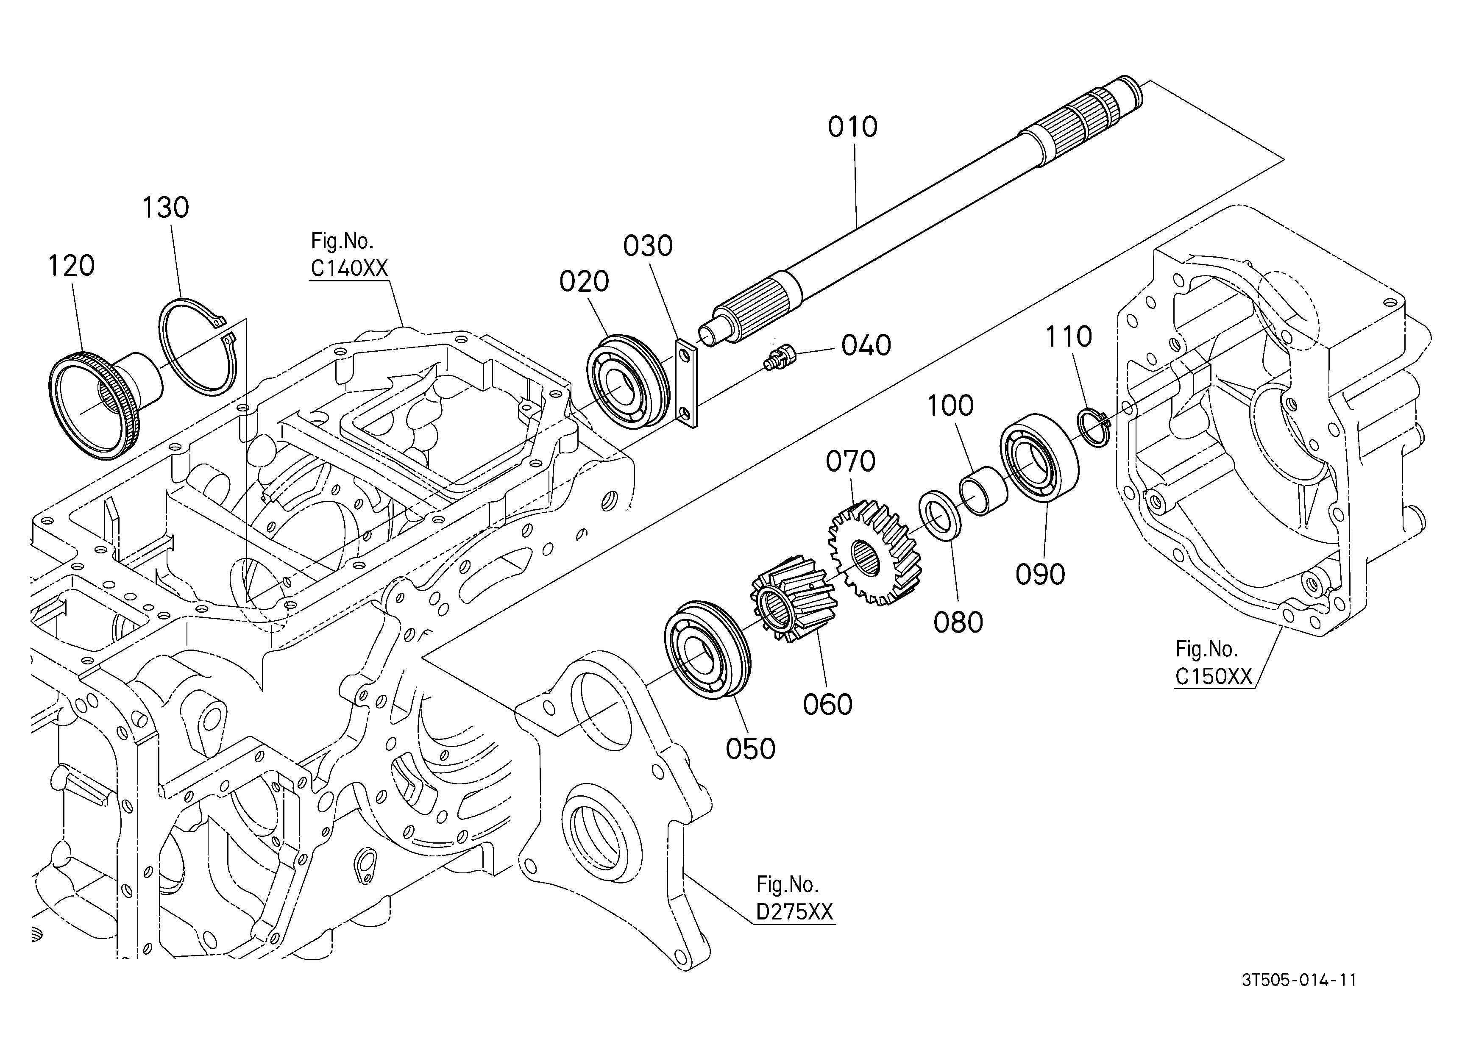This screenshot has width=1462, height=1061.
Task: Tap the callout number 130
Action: [165, 208]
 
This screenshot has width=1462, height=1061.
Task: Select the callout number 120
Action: [72, 265]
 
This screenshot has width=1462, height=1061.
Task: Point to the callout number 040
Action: [866, 346]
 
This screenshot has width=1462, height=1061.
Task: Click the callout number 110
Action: [1068, 336]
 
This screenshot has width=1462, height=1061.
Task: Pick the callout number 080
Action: [958, 622]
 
